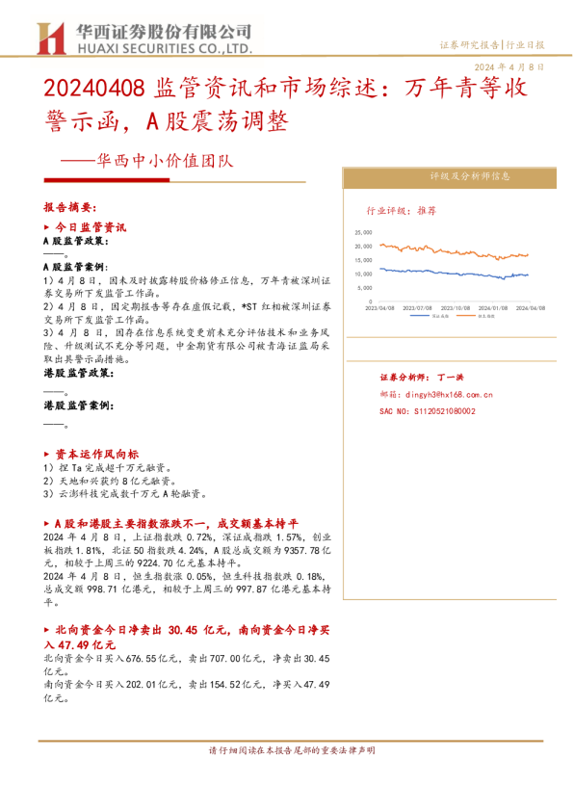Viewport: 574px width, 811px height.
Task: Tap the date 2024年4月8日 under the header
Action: click(x=510, y=68)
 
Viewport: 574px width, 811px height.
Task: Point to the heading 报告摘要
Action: click(x=70, y=207)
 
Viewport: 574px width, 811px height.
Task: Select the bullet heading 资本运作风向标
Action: click(x=96, y=453)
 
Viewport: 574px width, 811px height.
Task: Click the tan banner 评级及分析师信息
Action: click(x=444, y=176)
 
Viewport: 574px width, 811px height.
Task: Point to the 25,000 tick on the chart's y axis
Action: click(x=363, y=232)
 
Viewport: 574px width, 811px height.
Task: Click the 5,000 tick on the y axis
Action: click(x=365, y=287)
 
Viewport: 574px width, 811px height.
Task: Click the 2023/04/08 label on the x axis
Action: click(x=378, y=308)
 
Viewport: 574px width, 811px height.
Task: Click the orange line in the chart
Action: click(x=453, y=252)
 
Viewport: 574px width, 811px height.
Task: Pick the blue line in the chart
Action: click(x=453, y=275)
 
